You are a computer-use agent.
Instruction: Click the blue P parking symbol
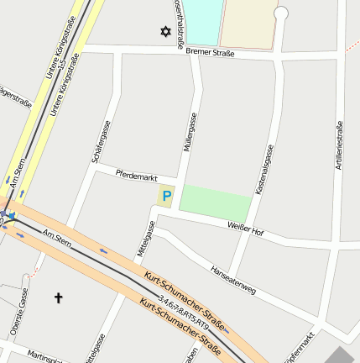[x=166, y=197]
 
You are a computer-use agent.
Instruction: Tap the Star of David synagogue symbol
[x=164, y=33]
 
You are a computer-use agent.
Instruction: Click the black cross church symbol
[x=59, y=297]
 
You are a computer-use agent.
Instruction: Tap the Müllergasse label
[x=190, y=132]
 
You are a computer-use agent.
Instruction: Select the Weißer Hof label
[x=246, y=228]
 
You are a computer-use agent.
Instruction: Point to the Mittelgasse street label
[x=146, y=239]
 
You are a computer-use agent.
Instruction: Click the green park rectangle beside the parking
[x=215, y=203]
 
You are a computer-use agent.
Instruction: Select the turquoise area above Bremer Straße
[x=202, y=21]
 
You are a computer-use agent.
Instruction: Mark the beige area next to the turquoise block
[x=248, y=24]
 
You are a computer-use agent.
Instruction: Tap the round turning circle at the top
[x=281, y=13]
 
